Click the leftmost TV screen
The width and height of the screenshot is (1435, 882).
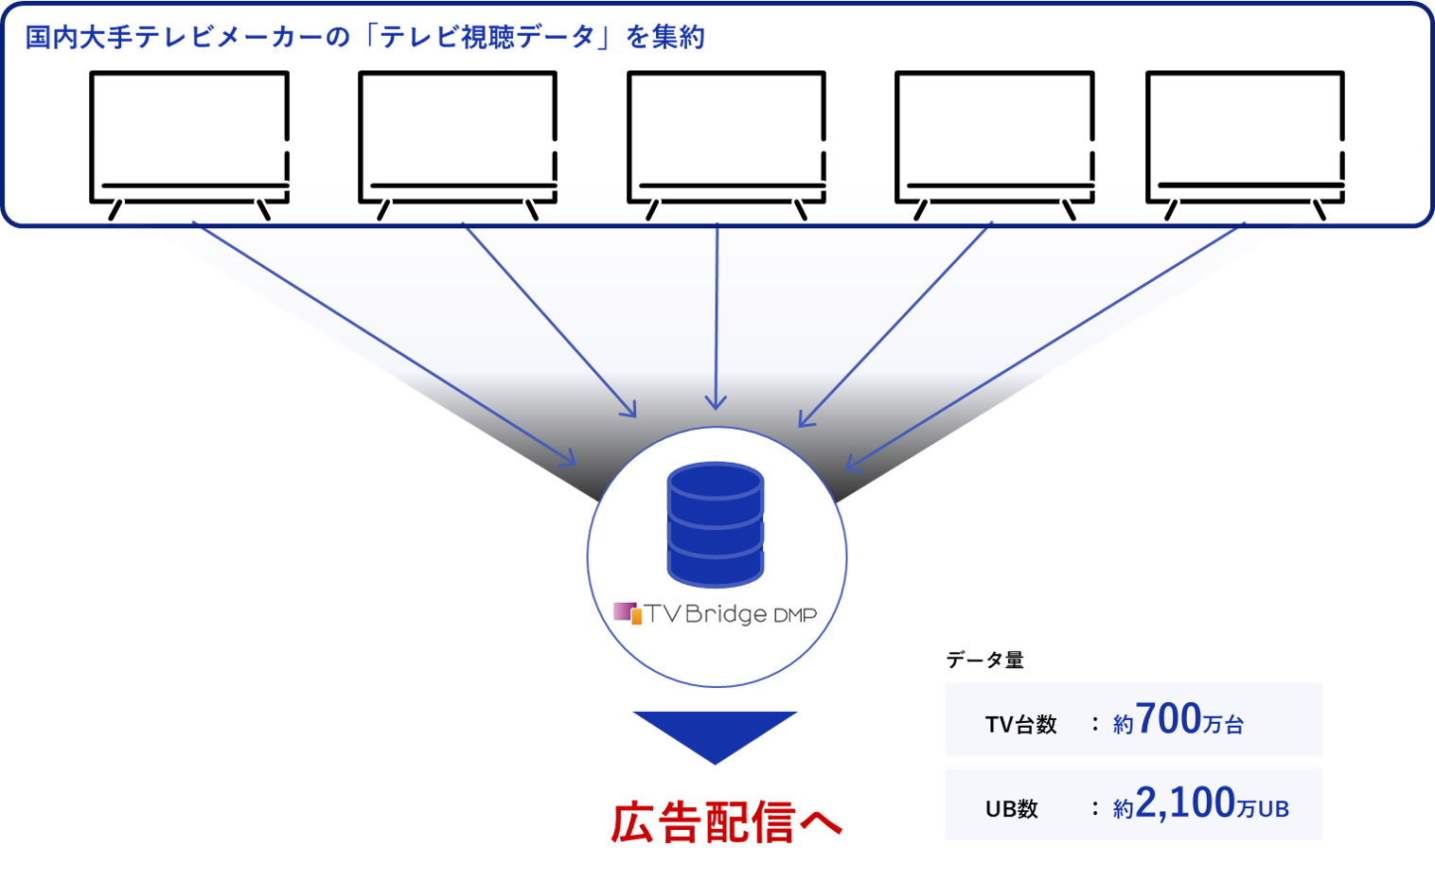(x=188, y=128)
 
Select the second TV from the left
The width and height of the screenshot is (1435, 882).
(x=457, y=128)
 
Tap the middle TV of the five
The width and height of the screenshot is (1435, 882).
(x=726, y=128)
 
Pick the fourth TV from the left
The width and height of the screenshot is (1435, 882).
(x=995, y=128)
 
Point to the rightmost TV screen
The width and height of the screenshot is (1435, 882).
(x=1245, y=128)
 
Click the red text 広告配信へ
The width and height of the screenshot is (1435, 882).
(x=726, y=820)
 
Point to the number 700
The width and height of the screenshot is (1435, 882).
(x=1168, y=718)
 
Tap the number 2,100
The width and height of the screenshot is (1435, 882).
(x=1185, y=803)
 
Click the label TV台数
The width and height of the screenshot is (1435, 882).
(x=1020, y=725)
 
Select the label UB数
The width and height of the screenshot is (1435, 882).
(x=1012, y=809)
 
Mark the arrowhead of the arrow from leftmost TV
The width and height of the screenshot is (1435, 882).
(x=569, y=460)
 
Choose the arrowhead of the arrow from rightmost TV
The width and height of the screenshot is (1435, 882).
(x=850, y=465)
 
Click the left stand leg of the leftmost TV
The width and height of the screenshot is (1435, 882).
(x=115, y=211)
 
